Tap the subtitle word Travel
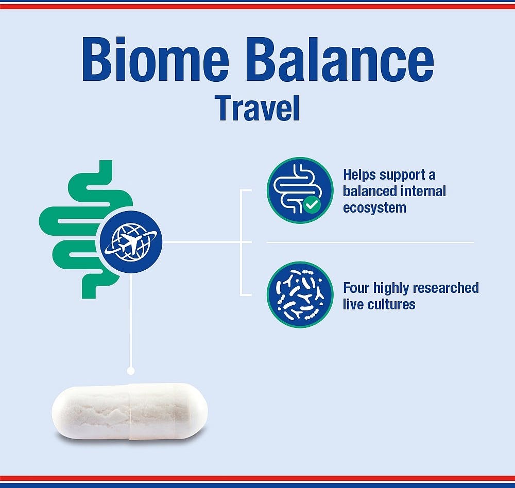(257, 108)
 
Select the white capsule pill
(130, 410)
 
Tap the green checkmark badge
(311, 205)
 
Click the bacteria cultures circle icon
(300, 294)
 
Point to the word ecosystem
(374, 208)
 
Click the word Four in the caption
(356, 287)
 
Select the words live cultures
(379, 304)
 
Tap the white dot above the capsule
(130, 370)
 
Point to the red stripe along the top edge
(257, 7)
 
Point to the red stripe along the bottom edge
(257, 478)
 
